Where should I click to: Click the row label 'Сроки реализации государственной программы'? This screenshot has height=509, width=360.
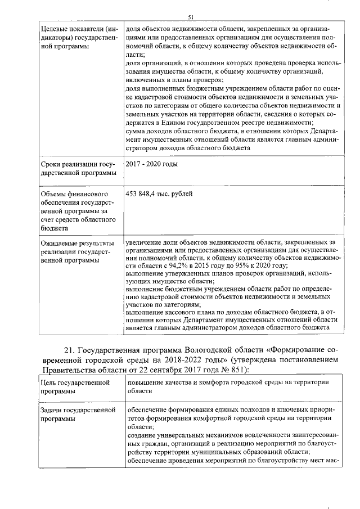pos(78,168)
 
